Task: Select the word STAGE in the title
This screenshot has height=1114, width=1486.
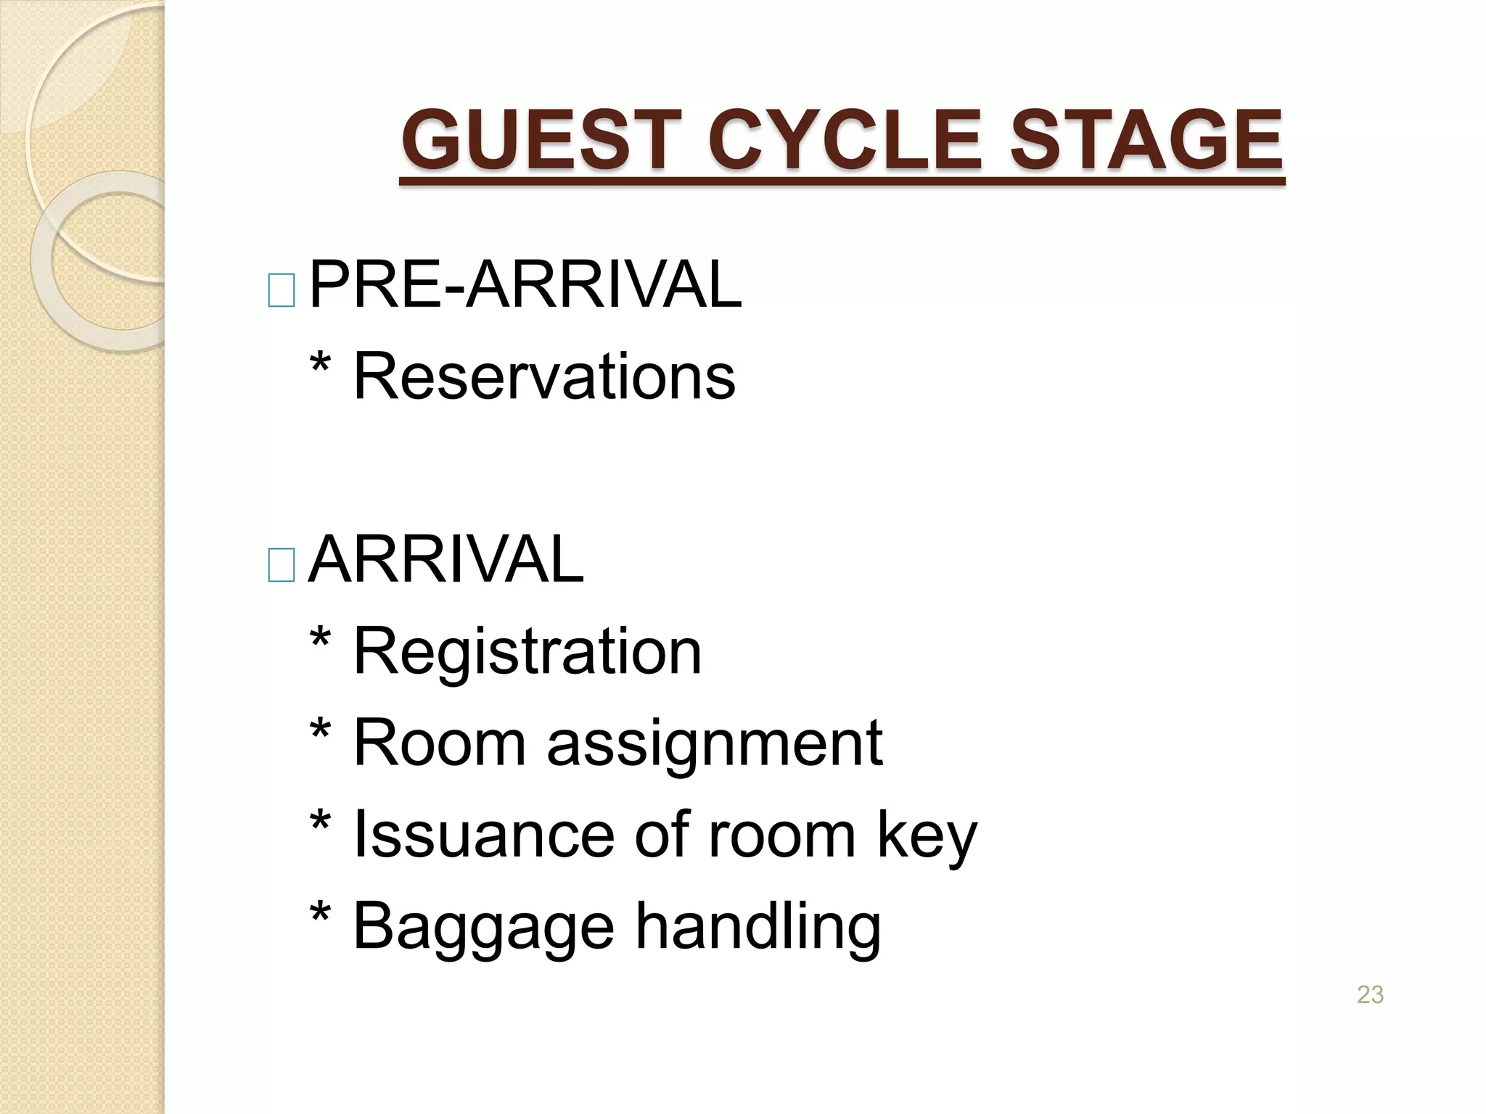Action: click(x=1146, y=139)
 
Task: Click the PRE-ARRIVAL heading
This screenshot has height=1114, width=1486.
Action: click(x=525, y=284)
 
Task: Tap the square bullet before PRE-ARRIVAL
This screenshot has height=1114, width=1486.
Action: click(x=281, y=290)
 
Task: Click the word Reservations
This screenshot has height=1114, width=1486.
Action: click(x=543, y=376)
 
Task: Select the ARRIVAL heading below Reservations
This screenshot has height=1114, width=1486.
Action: click(x=446, y=559)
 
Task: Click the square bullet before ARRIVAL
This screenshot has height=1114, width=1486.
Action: click(x=281, y=565)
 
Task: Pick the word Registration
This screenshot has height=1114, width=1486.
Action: click(x=527, y=652)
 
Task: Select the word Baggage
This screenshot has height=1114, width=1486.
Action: click(x=483, y=928)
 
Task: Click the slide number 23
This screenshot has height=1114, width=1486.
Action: click(x=1370, y=994)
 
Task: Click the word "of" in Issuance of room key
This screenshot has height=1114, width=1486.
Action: click(x=661, y=835)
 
